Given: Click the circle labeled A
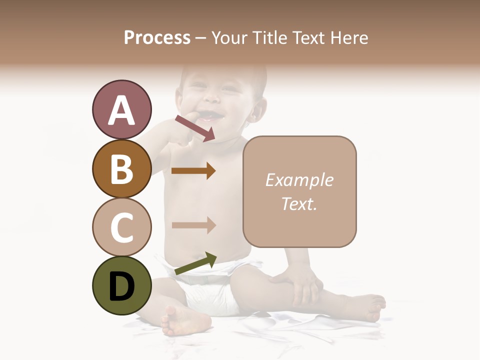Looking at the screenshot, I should tap(121, 109).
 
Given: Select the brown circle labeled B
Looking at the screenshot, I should tap(121, 168).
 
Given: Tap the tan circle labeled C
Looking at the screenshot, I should tap(121, 227).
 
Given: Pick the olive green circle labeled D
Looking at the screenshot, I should tap(121, 285).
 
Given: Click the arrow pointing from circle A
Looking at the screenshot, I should tap(195, 128).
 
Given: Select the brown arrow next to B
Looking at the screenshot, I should tap(193, 171).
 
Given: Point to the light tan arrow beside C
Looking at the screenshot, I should tap(193, 225).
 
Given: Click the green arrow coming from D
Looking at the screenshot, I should tap(195, 263).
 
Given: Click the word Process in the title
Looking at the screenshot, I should tap(157, 38).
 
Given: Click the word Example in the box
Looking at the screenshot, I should tap(299, 180).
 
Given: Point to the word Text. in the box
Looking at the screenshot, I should tap(299, 204).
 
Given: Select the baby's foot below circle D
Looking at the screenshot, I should tap(180, 320).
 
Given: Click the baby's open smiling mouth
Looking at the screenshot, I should tap(212, 117).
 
